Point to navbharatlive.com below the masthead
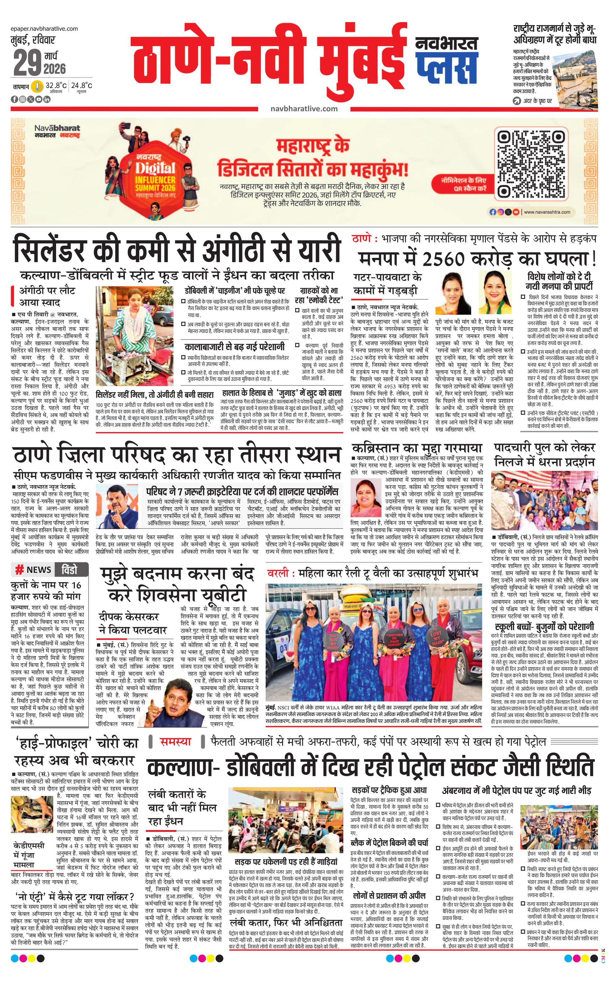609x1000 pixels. click(x=304, y=108)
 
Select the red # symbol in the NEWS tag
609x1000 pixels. click(x=19, y=570)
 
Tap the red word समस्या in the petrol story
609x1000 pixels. click(x=175, y=741)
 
